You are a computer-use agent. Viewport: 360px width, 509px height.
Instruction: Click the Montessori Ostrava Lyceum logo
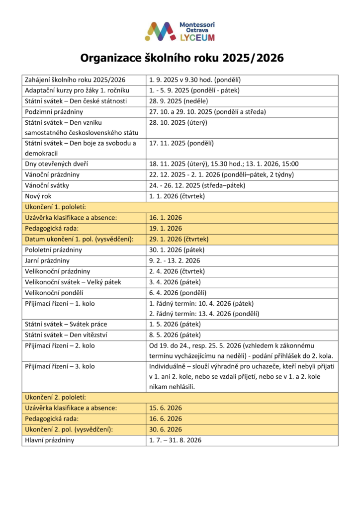click(180, 31)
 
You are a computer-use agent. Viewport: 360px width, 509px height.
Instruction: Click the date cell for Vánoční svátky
click(197, 185)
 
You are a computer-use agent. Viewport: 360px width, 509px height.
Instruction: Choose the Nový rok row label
click(38, 196)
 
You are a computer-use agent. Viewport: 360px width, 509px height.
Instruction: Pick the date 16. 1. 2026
click(166, 218)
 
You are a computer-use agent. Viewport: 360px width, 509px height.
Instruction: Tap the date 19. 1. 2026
click(166, 228)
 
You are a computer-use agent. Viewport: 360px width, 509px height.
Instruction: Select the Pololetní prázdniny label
click(54, 250)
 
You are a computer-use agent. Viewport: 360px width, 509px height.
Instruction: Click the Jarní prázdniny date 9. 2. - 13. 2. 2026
click(175, 260)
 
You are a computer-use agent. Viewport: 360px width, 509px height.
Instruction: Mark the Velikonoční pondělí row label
click(54, 292)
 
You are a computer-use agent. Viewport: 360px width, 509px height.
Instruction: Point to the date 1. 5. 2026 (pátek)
click(175, 325)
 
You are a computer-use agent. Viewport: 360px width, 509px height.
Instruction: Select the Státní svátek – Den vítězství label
click(67, 335)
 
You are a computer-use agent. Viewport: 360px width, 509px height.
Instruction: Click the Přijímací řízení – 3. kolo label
click(60, 367)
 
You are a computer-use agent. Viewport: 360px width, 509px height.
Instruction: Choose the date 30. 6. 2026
click(166, 429)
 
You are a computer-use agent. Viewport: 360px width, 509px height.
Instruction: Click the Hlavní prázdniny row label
click(49, 440)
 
